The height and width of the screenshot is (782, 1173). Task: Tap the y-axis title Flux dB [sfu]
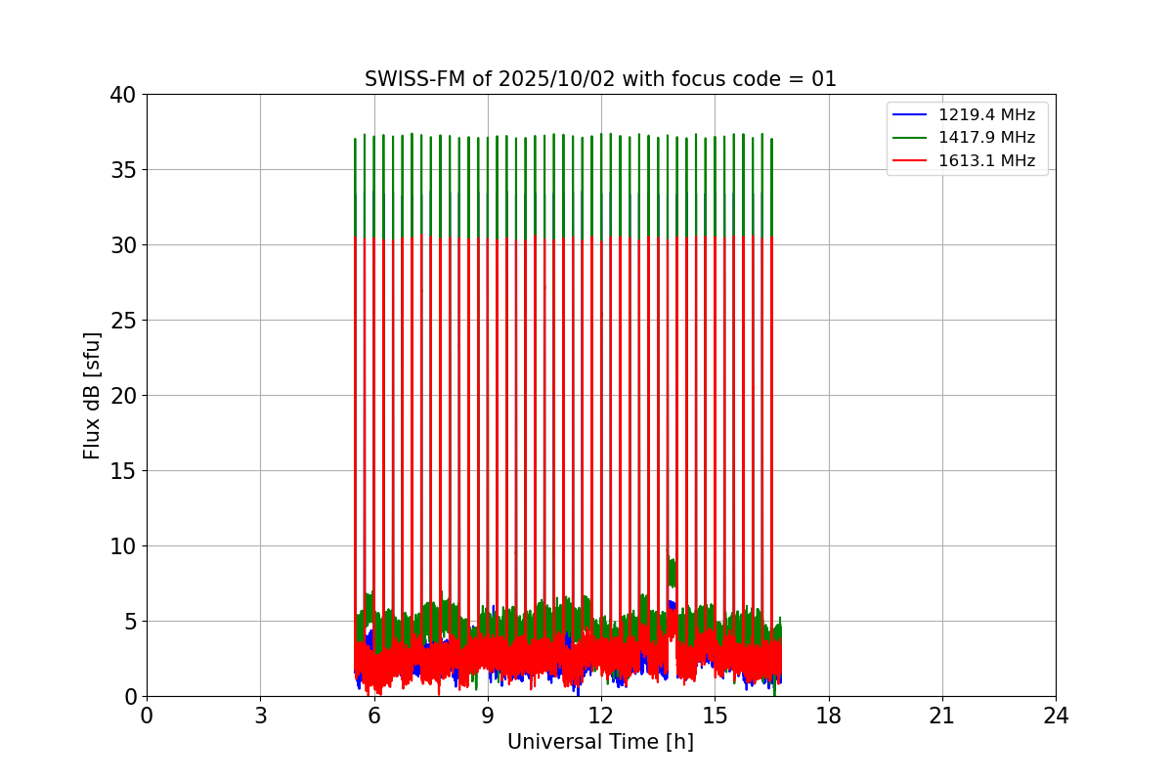92,395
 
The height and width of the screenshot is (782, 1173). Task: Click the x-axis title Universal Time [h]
600,742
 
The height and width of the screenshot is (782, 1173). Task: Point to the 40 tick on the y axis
123,95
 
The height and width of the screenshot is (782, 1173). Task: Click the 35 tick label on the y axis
123,170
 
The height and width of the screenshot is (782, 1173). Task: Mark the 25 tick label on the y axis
123,321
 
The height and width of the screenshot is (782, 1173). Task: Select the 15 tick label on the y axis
123,471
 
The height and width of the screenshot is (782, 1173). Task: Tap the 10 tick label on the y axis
123,546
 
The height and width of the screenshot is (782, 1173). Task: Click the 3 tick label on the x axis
260,716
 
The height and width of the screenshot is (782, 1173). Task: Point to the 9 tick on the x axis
488,716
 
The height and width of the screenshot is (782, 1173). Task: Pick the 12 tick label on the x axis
600,716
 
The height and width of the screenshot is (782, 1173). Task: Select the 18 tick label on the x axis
828,716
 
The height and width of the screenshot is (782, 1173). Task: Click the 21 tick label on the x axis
942,716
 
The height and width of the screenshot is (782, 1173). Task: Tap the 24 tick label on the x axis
1056,716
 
